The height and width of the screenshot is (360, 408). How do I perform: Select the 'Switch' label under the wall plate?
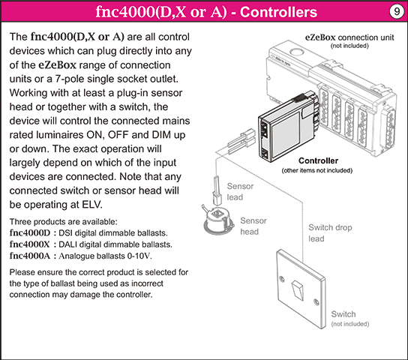[343, 313]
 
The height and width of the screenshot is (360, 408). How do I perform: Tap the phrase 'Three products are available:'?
[64, 221]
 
